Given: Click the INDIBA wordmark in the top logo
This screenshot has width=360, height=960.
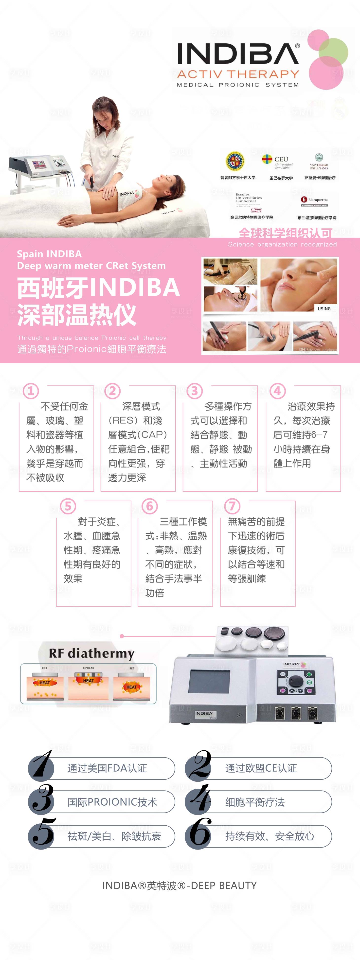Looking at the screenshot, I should (x=238, y=54).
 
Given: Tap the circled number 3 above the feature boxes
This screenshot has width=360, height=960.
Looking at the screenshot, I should (x=195, y=391).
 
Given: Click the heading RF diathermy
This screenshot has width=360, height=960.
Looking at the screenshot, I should (x=91, y=653).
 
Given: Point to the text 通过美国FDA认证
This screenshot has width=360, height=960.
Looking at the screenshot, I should (x=107, y=768).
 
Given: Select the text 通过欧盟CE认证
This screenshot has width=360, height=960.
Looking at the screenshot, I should (x=261, y=768).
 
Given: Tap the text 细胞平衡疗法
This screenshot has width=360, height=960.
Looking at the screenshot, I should (x=255, y=802).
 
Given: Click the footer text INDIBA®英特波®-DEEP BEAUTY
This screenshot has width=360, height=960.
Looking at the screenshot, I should (x=179, y=886).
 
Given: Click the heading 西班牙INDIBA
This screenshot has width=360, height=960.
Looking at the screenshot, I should (x=98, y=288).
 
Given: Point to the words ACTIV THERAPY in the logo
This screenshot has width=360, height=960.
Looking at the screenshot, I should (x=238, y=74).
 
